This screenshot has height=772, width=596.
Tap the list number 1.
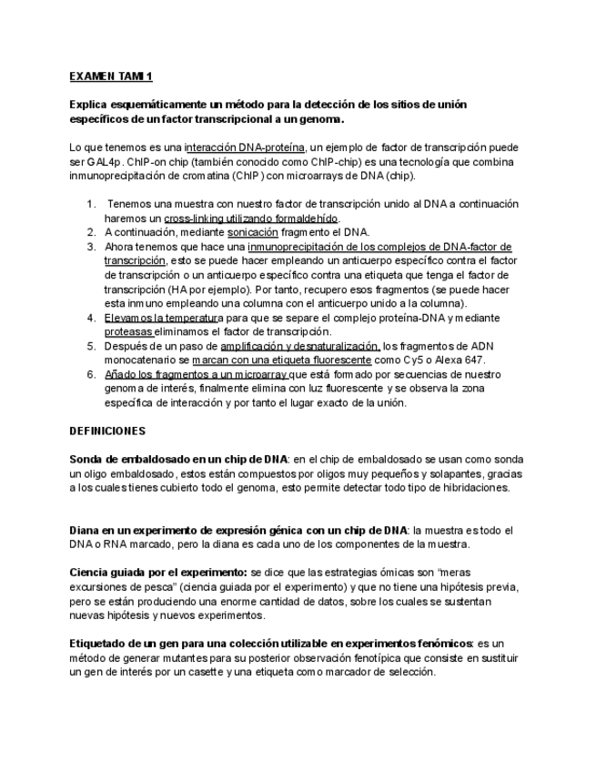pyautogui.click(x=91, y=204)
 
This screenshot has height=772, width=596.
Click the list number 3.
pyautogui.click(x=91, y=247)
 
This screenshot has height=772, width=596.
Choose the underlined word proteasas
pyautogui.click(x=129, y=331)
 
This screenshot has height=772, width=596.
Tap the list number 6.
pyautogui.click(x=91, y=374)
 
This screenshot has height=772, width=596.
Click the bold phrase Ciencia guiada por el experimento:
pyautogui.click(x=158, y=573)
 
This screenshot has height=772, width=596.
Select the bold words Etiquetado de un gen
pyautogui.click(x=126, y=644)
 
